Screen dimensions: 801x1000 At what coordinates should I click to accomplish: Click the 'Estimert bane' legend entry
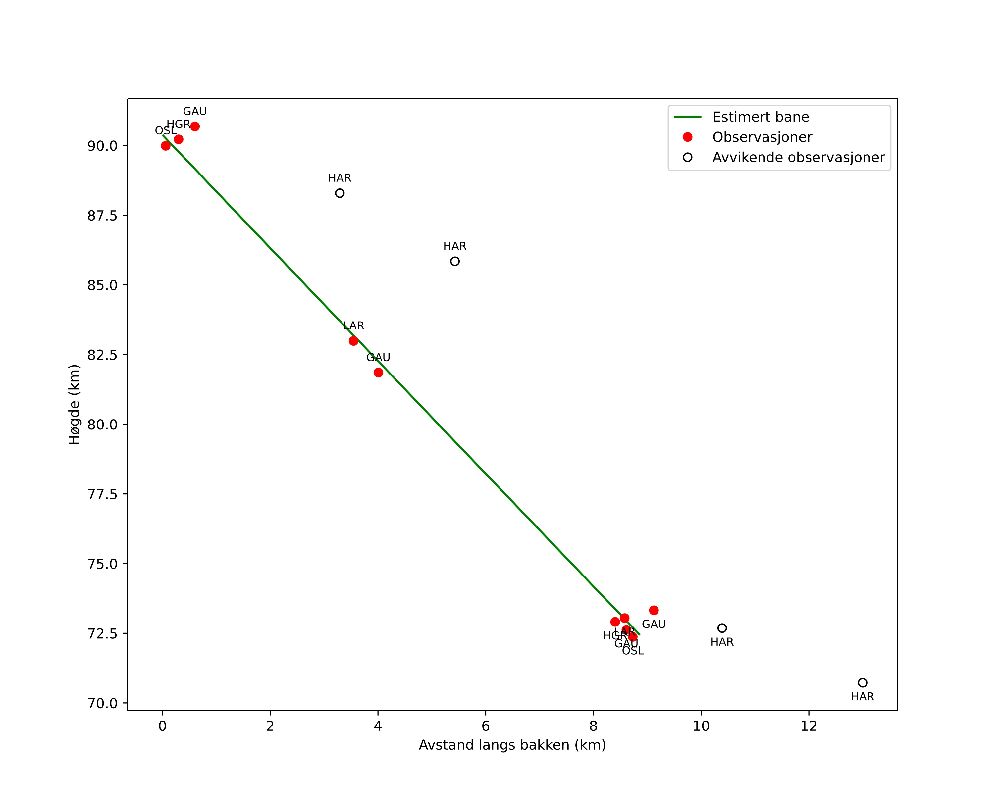click(760, 117)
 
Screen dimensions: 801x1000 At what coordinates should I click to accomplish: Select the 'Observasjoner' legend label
click(762, 137)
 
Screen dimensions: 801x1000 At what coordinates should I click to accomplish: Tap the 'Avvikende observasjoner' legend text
click(798, 158)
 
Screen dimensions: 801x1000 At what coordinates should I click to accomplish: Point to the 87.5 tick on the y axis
click(102, 216)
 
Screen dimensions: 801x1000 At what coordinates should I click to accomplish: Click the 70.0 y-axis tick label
click(102, 703)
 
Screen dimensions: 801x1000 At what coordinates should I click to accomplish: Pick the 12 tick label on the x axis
click(809, 726)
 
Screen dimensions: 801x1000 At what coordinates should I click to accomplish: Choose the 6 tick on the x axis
click(486, 726)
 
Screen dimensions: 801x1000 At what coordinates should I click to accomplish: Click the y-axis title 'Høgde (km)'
click(74, 404)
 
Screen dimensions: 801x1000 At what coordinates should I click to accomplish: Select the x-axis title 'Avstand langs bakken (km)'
click(512, 745)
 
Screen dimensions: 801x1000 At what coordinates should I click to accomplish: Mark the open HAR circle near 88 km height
click(340, 193)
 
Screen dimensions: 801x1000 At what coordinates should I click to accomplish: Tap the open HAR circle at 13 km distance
click(862, 683)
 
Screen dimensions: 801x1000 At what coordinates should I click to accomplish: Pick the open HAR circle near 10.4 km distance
click(722, 628)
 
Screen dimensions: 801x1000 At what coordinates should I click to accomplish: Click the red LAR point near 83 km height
click(353, 341)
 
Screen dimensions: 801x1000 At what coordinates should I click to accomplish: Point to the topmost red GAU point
click(195, 126)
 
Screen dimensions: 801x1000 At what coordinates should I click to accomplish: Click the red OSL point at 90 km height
click(166, 146)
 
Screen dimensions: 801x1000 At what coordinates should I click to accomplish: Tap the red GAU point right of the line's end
click(654, 611)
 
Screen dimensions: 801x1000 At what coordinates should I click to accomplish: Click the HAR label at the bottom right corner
click(862, 697)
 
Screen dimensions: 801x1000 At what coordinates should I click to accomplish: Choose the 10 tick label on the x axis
click(701, 726)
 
